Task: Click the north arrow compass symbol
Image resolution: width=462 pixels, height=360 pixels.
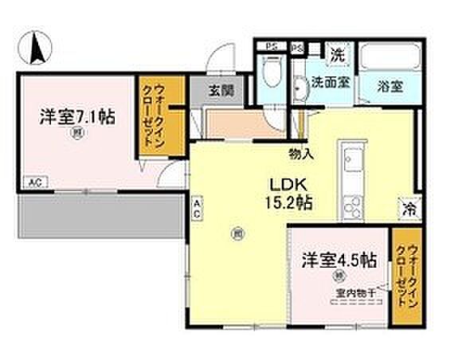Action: [x=36, y=49]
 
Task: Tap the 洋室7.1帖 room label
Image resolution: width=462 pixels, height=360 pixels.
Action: [x=77, y=116]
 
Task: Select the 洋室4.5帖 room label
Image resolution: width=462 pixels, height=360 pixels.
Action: [x=339, y=260]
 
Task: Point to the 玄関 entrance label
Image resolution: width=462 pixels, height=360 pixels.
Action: [x=221, y=91]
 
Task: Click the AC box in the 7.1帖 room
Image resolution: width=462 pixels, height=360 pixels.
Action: [x=34, y=182]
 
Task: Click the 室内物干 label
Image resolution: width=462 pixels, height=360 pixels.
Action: [x=351, y=292]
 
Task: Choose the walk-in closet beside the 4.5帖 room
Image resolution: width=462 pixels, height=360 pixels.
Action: [x=404, y=280]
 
